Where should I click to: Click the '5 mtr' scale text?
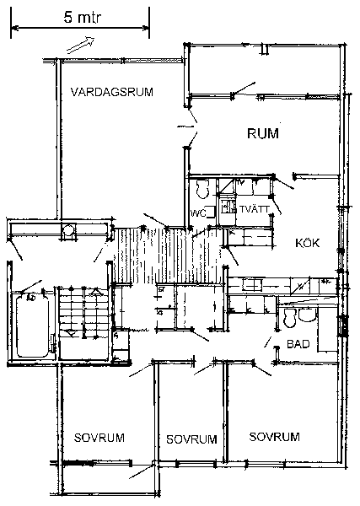coord(83,18)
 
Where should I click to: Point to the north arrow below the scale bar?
coord(80,45)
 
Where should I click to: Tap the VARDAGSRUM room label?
coord(112,92)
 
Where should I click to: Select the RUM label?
coord(263,133)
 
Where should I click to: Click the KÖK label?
coord(308,243)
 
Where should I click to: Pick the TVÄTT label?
coord(255,209)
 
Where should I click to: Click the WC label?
coord(198,213)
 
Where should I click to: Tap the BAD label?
coord(298,344)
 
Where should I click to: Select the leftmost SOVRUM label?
coord(99,438)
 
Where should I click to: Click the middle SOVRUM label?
coord(191,439)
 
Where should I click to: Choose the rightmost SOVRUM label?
coord(275,437)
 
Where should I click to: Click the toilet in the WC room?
coord(203,188)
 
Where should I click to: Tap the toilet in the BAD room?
coord(290,318)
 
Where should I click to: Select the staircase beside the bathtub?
coord(83,323)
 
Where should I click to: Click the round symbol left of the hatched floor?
coord(68,230)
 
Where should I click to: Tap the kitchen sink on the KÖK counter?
coord(253,285)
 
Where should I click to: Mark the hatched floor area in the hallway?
coord(168,256)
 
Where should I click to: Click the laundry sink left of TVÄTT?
coord(228,207)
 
